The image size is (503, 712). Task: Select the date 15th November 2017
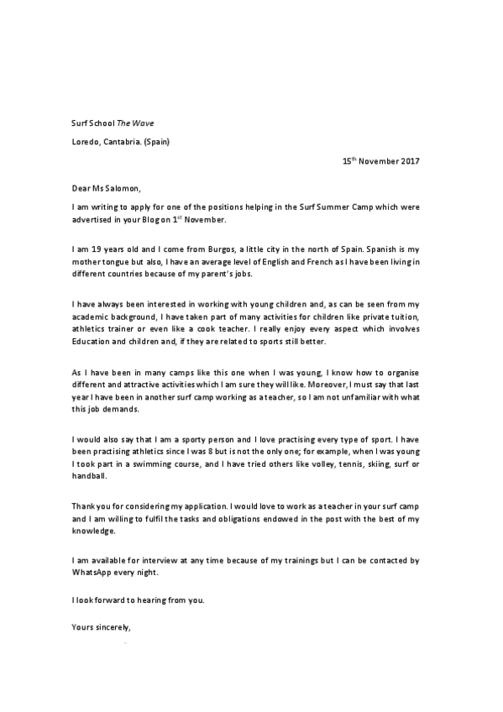tap(382, 160)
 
